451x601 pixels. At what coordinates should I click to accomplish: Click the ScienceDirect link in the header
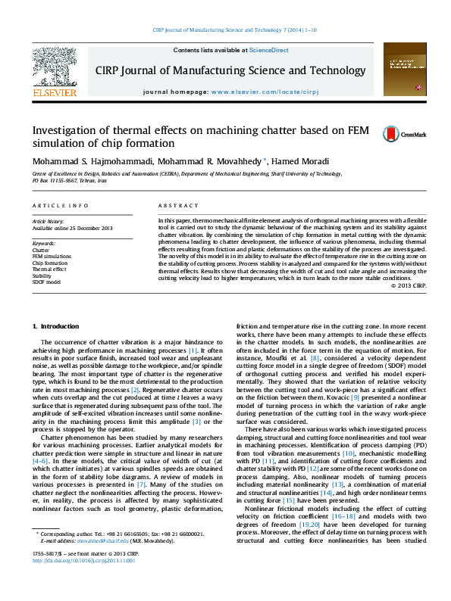pyautogui.click(x=269, y=50)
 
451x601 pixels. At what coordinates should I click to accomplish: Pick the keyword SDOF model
pyautogui.click(x=46, y=281)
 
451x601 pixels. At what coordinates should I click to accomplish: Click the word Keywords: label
pyautogui.click(x=44, y=244)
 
